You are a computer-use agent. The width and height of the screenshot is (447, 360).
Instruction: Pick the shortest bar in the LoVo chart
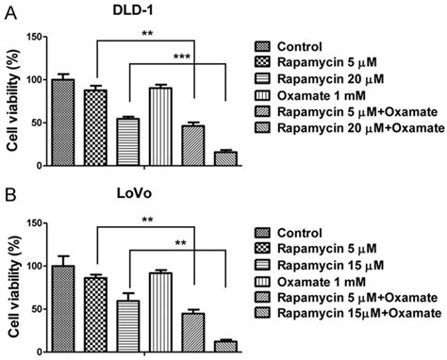(x=223, y=344)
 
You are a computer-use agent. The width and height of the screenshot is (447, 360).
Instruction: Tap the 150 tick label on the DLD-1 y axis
(x=36, y=37)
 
